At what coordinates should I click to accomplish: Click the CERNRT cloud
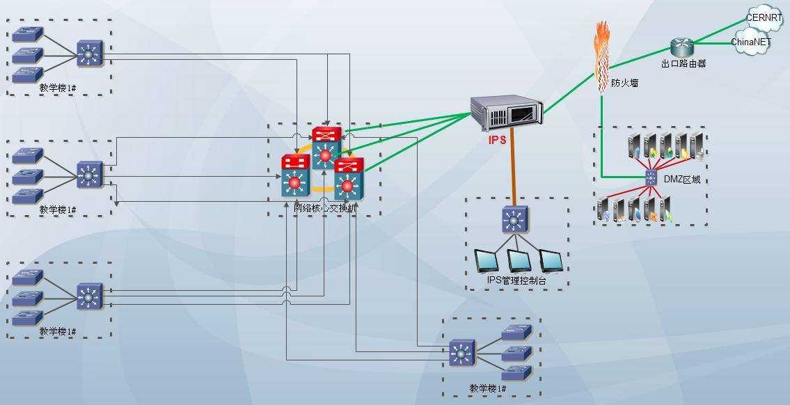click(764, 17)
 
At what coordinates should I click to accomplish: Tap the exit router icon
click(683, 47)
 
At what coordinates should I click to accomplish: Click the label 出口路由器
click(683, 63)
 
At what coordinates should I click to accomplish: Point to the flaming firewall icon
click(603, 56)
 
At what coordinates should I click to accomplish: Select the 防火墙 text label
click(624, 83)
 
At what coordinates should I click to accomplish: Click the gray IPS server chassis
click(507, 112)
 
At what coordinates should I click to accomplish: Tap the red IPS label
click(497, 140)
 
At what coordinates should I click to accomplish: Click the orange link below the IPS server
click(514, 167)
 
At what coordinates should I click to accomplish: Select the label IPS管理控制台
click(516, 280)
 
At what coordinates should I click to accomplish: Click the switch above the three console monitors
click(514, 220)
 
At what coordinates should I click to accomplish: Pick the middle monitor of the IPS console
click(519, 260)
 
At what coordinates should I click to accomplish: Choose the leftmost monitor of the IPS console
click(487, 260)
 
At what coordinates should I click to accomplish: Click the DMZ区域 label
click(681, 180)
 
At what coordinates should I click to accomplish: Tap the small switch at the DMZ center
click(651, 177)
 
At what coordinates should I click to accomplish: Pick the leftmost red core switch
click(295, 174)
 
